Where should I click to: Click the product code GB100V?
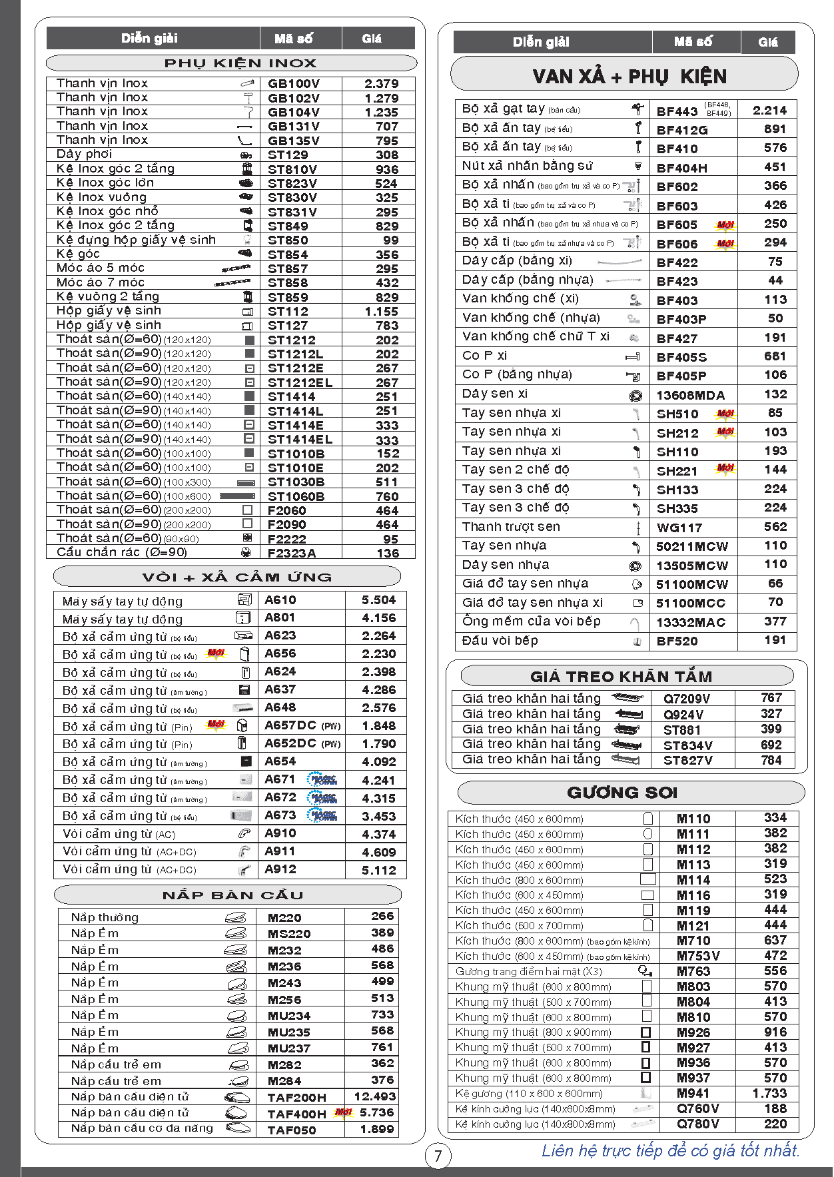(x=293, y=84)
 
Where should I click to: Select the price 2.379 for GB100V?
(x=381, y=84)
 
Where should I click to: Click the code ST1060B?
(x=296, y=497)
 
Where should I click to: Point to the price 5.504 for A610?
(x=378, y=600)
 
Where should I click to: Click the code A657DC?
(x=290, y=725)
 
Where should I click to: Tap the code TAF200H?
(x=296, y=1097)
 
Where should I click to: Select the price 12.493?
(x=374, y=1096)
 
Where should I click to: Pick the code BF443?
(x=677, y=111)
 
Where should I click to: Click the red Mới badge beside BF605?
(x=725, y=225)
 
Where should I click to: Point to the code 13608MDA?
(x=690, y=395)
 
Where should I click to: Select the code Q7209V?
(x=686, y=699)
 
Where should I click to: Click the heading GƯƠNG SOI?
(x=622, y=793)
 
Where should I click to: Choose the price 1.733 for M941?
(x=769, y=1093)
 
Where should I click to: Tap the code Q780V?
(x=697, y=1124)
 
